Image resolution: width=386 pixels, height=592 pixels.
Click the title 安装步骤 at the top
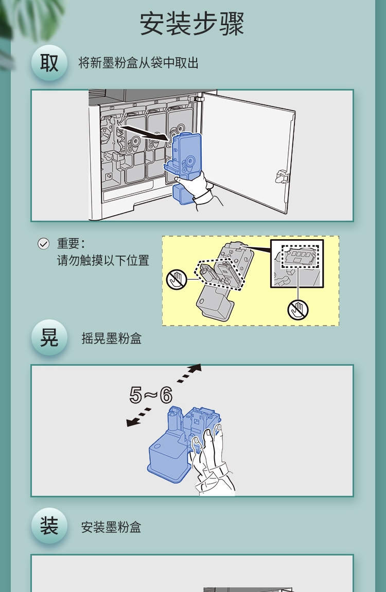[x=192, y=24]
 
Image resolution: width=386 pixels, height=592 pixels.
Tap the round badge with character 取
[x=49, y=63]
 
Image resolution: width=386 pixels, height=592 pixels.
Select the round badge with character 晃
[x=49, y=337]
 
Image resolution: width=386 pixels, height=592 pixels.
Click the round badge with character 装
[x=49, y=526]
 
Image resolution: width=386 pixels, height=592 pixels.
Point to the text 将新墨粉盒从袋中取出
[x=138, y=63]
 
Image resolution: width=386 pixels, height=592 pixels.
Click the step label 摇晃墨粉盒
[x=111, y=338]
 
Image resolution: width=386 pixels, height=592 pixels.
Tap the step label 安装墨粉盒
[x=111, y=527]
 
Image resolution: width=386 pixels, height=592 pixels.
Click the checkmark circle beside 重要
[x=43, y=244]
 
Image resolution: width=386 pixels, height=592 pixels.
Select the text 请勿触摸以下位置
[x=103, y=260]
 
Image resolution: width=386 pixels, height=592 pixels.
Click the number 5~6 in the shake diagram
[x=151, y=396]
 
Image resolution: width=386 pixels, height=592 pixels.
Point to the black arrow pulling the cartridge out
[x=143, y=132]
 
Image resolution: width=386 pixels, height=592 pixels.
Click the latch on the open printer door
[x=282, y=176]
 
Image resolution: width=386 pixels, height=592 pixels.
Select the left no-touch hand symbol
[x=177, y=279]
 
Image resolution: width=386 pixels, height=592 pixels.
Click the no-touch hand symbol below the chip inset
[x=298, y=310]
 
